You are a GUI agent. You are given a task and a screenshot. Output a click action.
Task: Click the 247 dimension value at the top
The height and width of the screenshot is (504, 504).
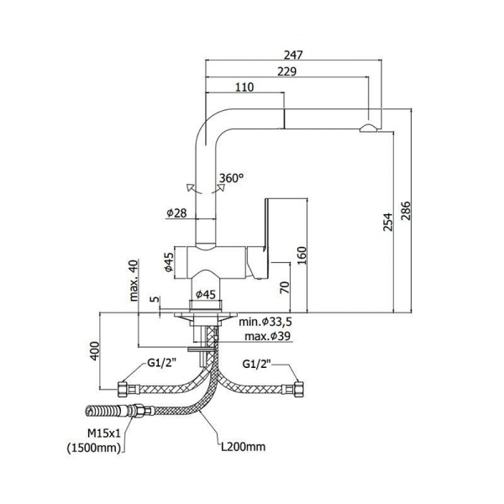(292, 55)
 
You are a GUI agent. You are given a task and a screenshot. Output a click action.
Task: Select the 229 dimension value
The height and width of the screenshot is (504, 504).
(286, 71)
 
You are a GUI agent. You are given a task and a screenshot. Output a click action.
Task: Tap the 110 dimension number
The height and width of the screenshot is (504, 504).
(245, 87)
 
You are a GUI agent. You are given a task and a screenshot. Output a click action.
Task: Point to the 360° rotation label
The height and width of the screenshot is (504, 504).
(231, 178)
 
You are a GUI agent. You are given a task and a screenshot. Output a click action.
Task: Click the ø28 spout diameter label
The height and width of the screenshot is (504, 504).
(176, 213)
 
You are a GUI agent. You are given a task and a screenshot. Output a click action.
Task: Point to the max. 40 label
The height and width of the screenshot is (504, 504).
(133, 281)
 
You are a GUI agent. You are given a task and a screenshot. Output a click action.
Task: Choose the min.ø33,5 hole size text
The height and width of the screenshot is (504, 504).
(265, 323)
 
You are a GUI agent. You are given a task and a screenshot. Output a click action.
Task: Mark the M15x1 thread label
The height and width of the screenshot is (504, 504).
(106, 433)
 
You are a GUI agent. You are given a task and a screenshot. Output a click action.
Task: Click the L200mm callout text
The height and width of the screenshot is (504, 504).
(243, 446)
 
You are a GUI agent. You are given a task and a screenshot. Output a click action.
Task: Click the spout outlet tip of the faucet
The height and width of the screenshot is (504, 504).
(369, 128)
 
